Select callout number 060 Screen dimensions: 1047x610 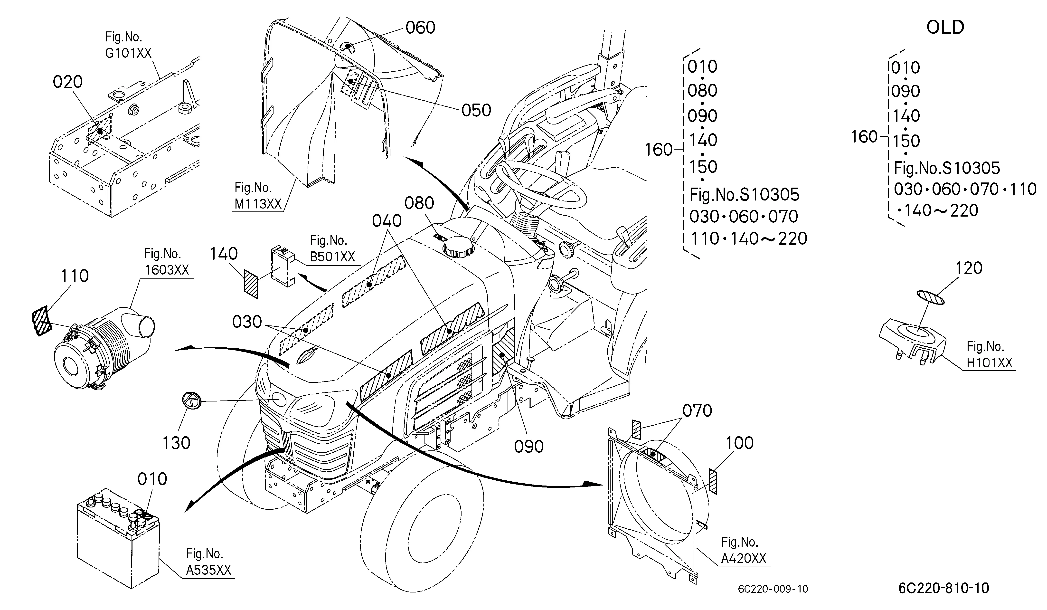(x=420, y=28)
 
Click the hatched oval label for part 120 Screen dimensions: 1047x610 (x=931, y=297)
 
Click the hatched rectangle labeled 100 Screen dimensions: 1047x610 (x=713, y=481)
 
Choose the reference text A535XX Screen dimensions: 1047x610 (x=208, y=570)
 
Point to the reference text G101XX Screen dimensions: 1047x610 (x=128, y=53)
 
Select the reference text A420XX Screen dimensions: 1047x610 (x=743, y=558)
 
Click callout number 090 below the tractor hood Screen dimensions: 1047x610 (x=528, y=447)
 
